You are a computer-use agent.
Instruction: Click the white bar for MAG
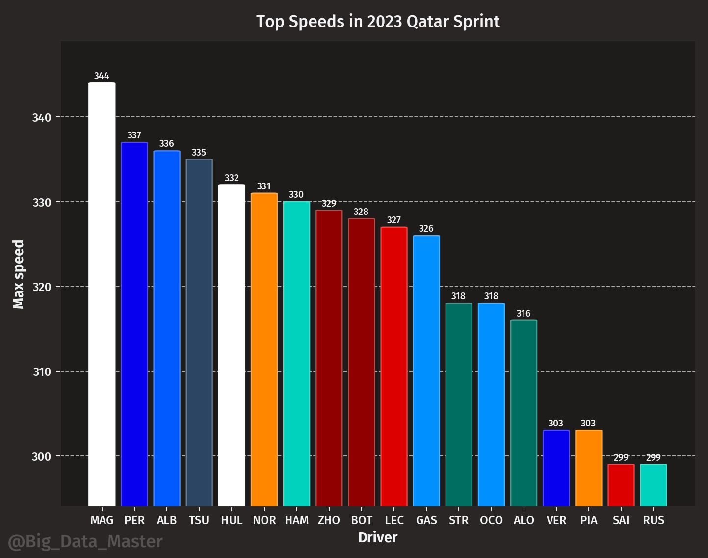tap(102, 294)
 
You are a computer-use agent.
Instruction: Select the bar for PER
tap(134, 324)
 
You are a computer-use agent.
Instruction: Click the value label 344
tap(102, 76)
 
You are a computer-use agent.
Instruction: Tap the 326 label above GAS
tap(426, 229)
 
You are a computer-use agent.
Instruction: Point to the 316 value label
tap(524, 314)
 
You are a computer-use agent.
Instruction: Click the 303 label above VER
tap(556, 424)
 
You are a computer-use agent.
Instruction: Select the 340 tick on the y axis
tap(42, 118)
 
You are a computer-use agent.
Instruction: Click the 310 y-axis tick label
tap(42, 372)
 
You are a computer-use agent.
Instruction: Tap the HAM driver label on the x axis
tap(296, 520)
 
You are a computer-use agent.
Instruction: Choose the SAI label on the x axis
tap(621, 520)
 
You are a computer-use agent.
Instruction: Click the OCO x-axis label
tap(491, 520)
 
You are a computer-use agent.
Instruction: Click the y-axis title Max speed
tap(19, 274)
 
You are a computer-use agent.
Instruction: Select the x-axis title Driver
tap(377, 538)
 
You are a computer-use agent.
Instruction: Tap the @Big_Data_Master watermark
tap(85, 542)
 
